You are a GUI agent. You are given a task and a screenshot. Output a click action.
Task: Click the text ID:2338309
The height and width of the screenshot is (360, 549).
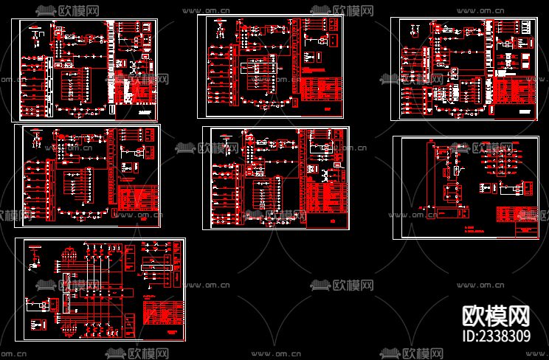point(495,336)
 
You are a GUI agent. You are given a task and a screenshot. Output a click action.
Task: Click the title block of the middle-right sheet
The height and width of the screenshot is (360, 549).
point(526,230)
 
